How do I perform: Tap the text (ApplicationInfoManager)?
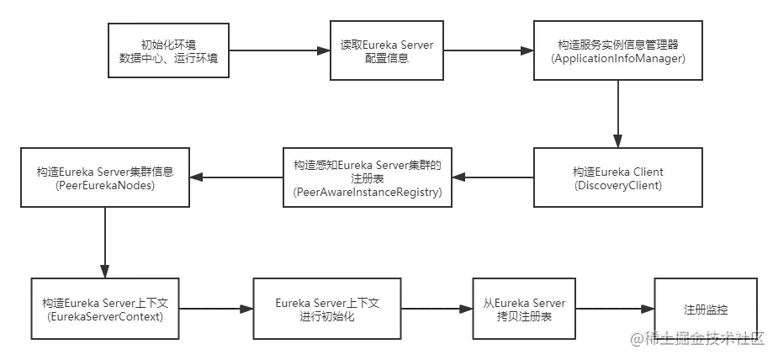tap(618, 59)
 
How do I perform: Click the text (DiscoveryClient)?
tap(618, 184)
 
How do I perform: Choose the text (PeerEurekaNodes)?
tap(105, 184)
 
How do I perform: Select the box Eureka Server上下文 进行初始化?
tap(329, 309)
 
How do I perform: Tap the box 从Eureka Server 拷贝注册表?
tap(524, 309)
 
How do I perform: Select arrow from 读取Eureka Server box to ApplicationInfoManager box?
tap(489, 51)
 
